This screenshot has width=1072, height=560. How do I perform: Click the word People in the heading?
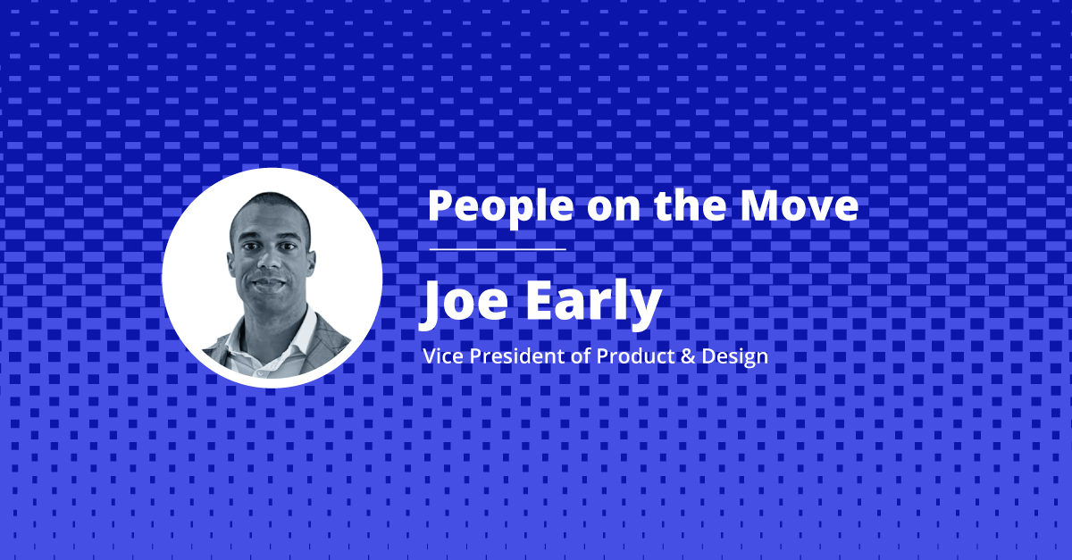coord(500,207)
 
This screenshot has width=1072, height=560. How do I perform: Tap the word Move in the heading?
coord(800,205)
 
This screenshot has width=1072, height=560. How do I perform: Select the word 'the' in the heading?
coord(690,205)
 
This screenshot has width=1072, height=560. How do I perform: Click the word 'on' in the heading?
coord(614,210)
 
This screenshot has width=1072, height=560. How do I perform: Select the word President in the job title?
coord(518,356)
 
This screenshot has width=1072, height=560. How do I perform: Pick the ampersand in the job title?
coord(688,356)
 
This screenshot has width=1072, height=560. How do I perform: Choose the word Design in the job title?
coord(734,358)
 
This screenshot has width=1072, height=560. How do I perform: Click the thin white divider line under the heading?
coord(498,249)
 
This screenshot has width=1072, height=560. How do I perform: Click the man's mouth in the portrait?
coord(270,283)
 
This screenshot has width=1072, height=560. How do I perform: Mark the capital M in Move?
coord(760,206)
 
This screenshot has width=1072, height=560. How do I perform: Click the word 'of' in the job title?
coord(582,356)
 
